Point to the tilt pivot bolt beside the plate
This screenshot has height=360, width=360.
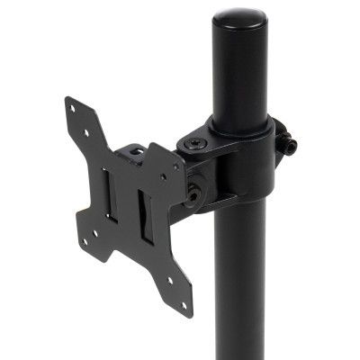193,191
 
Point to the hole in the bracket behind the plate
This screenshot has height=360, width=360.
137,154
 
